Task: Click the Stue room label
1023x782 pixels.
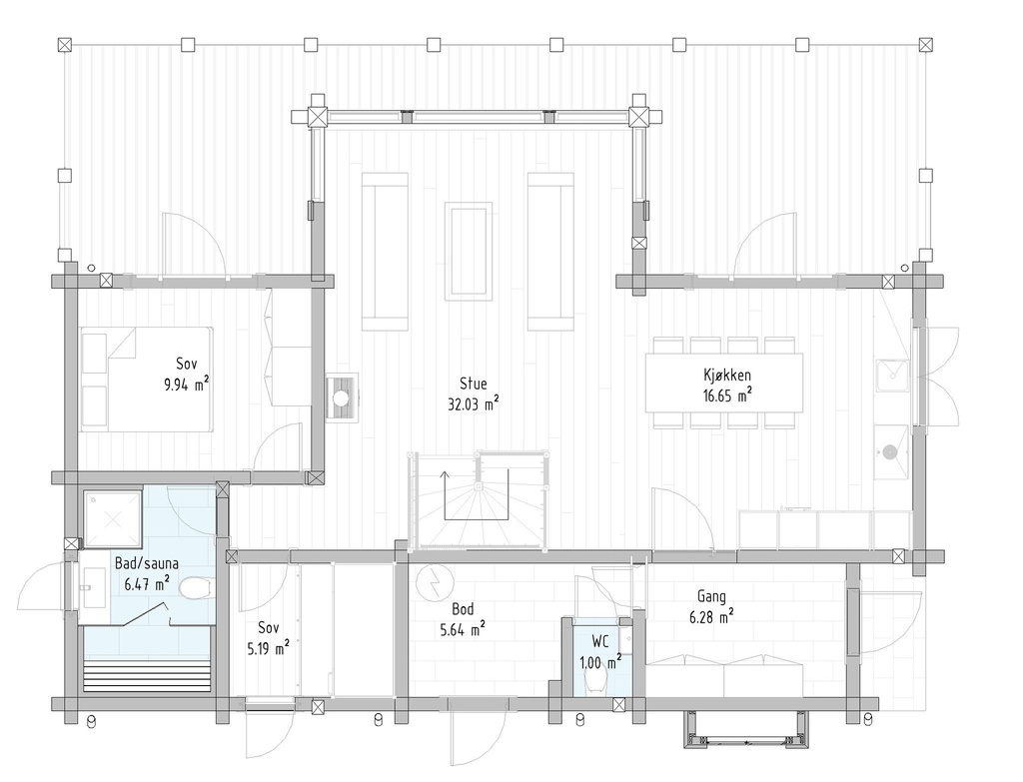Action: (474, 383)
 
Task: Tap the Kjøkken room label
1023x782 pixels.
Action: (726, 376)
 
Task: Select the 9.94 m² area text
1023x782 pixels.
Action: (187, 384)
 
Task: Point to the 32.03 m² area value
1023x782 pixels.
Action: (474, 403)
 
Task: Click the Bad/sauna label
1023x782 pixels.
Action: (147, 563)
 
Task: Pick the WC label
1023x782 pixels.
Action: (600, 642)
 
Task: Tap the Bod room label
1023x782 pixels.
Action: (462, 608)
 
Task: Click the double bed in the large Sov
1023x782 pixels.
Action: (147, 379)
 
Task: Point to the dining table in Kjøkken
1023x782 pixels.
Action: (724, 383)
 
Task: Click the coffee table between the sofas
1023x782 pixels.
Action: (469, 250)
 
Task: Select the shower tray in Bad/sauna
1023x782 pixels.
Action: (113, 517)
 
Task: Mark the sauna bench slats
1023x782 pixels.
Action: (148, 676)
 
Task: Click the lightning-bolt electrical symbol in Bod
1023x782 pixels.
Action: (435, 582)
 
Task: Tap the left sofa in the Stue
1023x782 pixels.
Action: (385, 251)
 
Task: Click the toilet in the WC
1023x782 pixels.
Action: (597, 679)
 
